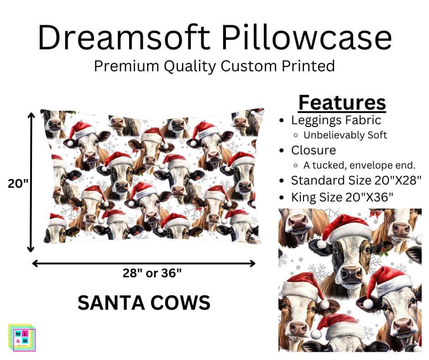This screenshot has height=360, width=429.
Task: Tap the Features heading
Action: (342, 103)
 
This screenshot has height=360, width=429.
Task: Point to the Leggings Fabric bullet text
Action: (336, 120)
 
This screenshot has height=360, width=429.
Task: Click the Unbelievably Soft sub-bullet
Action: (345, 135)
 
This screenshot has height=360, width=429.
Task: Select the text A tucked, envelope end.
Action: (359, 165)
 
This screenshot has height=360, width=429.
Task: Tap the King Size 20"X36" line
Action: (341, 197)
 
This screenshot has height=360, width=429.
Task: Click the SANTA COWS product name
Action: (144, 302)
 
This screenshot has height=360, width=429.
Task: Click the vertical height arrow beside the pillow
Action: (31, 183)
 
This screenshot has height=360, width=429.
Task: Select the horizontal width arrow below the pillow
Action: (144, 263)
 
